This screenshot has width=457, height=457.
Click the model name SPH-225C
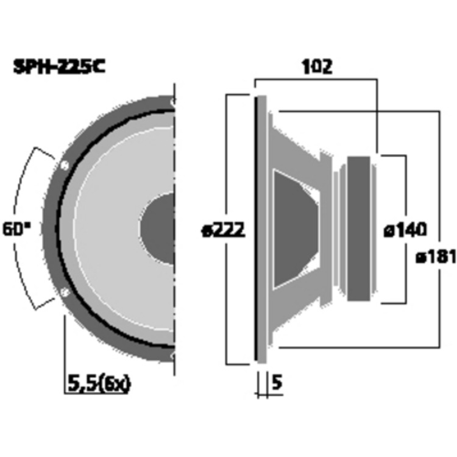(59, 67)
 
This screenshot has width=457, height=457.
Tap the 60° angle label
(16, 228)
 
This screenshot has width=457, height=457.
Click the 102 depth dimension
(317, 67)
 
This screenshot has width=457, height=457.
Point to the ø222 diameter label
(224, 231)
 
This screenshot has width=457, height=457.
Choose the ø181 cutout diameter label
(436, 257)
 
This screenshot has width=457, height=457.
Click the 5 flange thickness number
(277, 383)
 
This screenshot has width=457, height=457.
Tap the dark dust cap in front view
(157, 228)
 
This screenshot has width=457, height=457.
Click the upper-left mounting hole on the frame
(64, 166)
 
